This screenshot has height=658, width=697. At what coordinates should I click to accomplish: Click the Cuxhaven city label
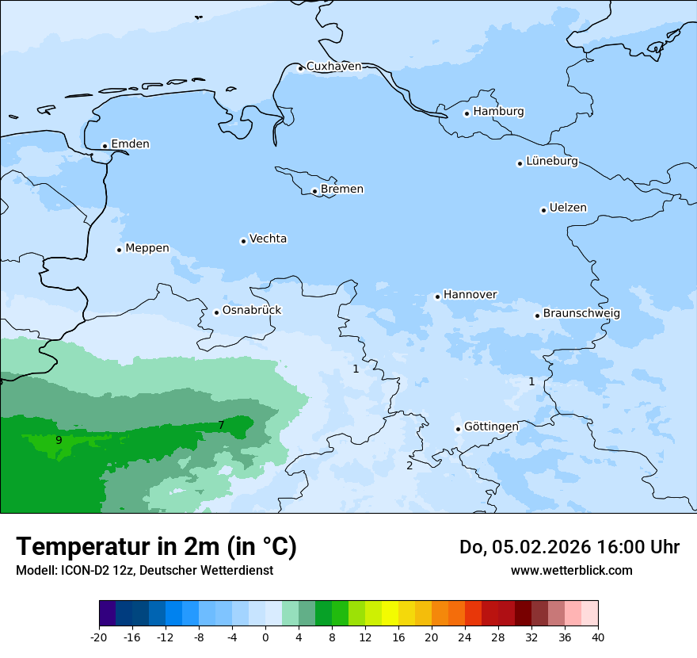(333, 66)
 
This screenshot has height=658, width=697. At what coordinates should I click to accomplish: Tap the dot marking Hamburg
(467, 113)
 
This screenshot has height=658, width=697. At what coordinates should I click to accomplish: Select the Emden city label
(130, 143)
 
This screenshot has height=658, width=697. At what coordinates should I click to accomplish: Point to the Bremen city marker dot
(314, 191)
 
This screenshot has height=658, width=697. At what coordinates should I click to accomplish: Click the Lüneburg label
(552, 161)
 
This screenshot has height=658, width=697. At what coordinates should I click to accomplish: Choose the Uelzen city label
(568, 208)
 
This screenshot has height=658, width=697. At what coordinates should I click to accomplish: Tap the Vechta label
(268, 239)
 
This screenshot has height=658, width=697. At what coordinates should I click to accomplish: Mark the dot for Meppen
(119, 250)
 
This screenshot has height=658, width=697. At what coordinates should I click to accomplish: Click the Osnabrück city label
(252, 310)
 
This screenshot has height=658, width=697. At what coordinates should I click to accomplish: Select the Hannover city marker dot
(437, 296)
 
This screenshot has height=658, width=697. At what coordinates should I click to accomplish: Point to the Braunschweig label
(581, 313)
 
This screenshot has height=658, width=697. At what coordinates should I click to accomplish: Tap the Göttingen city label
(491, 427)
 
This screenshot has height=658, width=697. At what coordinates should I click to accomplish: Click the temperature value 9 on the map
(59, 440)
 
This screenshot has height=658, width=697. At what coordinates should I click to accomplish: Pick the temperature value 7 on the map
(221, 426)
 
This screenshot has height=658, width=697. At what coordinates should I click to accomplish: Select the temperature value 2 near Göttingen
(409, 465)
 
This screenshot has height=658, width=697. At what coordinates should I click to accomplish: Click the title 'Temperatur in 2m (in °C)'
(156, 546)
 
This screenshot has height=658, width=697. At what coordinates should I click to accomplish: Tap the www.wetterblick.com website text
(571, 570)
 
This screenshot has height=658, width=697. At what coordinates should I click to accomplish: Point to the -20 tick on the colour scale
(99, 637)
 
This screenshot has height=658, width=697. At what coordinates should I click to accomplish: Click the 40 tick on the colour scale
(597, 637)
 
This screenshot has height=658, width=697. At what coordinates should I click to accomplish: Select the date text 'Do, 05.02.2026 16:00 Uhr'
(569, 547)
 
